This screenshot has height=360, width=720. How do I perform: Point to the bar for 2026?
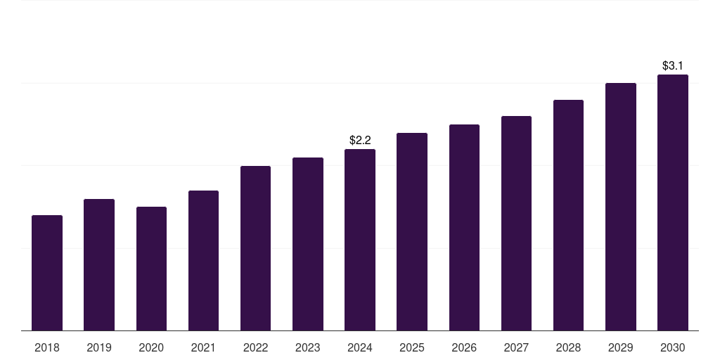(x=464, y=228)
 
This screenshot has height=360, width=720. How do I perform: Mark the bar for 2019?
(x=99, y=265)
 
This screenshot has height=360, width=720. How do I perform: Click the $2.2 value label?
(x=360, y=141)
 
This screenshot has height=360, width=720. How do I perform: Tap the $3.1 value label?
(x=673, y=66)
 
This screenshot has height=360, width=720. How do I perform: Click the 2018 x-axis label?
(x=47, y=347)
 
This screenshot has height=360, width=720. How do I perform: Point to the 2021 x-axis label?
(x=203, y=347)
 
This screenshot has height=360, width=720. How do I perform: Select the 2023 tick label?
(x=308, y=347)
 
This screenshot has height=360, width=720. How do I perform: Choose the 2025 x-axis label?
(x=412, y=347)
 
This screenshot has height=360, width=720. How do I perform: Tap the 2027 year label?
(x=516, y=347)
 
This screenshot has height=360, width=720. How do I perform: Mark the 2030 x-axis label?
(x=673, y=347)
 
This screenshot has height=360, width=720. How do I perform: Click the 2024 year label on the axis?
(x=360, y=347)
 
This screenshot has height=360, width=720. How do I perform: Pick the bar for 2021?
(x=203, y=261)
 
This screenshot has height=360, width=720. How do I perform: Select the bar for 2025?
(x=412, y=232)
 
